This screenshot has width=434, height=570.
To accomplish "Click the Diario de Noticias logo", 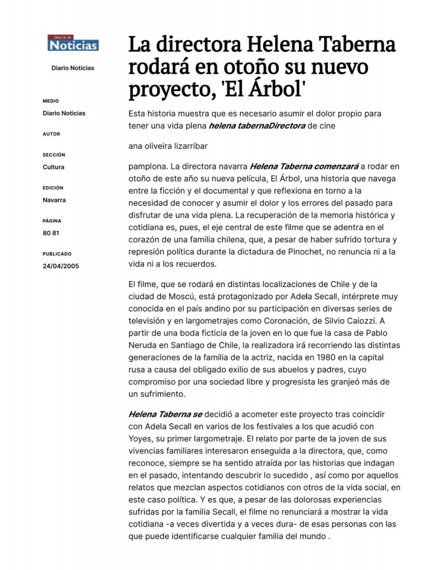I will (x=73, y=43).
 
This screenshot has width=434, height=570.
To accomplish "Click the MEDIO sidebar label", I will (x=51, y=101).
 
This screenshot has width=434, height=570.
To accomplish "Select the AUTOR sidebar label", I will (x=51, y=134).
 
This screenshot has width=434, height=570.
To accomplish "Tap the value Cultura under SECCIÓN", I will (x=53, y=167).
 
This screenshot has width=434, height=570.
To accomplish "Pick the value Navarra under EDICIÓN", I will (x=54, y=200).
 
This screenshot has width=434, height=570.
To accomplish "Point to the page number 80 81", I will (x=51, y=233).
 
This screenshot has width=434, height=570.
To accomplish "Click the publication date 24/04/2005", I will (x=61, y=266).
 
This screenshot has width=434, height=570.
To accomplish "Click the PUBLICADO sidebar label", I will (x=57, y=254).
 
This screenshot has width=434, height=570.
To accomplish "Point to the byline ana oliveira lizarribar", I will (x=168, y=146).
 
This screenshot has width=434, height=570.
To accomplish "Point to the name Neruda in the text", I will (x=141, y=345).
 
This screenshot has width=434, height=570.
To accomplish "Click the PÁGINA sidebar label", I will (x=52, y=221).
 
